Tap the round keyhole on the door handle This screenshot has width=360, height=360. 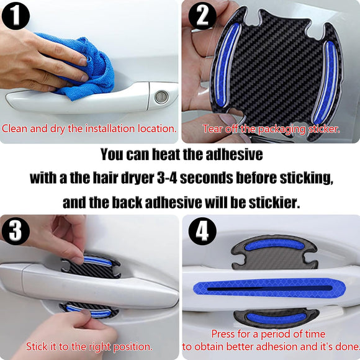[161, 96]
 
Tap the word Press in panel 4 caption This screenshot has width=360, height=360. [224, 334]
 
